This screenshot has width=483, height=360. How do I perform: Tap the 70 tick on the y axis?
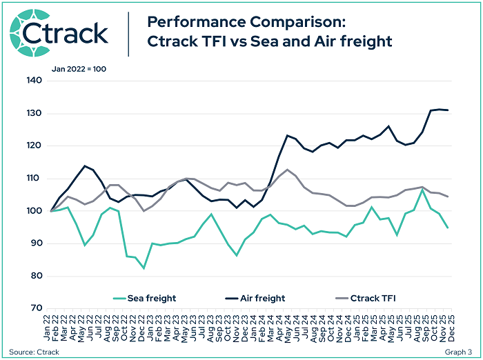click(x=36, y=308)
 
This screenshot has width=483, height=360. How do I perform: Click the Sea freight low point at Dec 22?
click(x=144, y=268)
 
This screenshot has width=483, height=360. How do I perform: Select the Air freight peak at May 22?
click(x=84, y=166)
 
